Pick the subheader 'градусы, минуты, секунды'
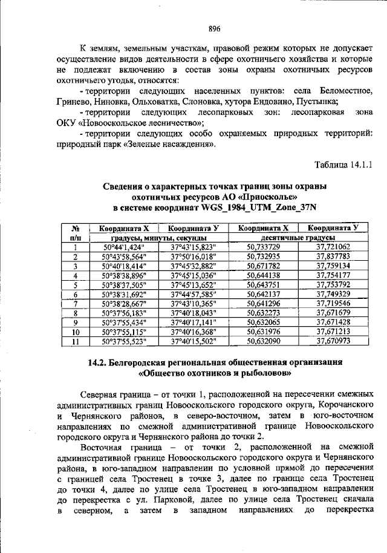(159, 238)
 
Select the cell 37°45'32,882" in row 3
(193, 266)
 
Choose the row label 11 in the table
(76, 341)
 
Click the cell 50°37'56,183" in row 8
(124, 313)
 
